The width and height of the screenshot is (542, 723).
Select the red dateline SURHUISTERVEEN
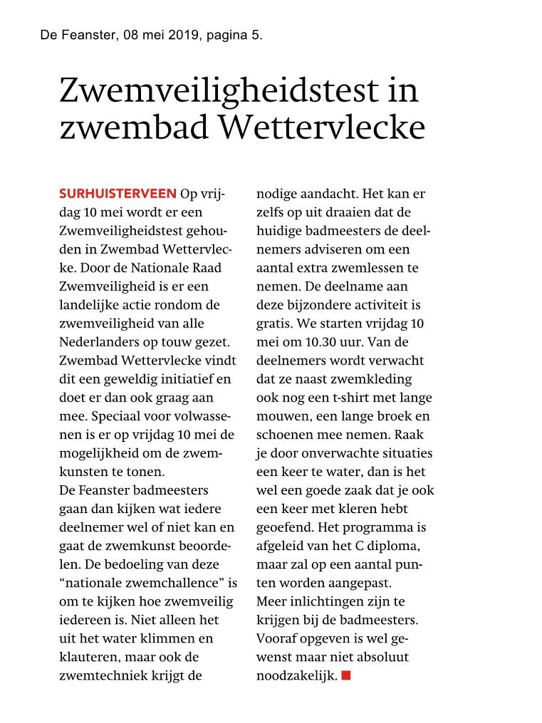click(118, 194)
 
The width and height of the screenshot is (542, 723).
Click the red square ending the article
click(346, 675)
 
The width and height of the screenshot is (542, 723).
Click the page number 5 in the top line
click(255, 35)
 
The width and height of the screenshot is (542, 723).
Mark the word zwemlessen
click(370, 268)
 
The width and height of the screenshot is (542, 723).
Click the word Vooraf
click(276, 638)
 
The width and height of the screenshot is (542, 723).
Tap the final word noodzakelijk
click(296, 675)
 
